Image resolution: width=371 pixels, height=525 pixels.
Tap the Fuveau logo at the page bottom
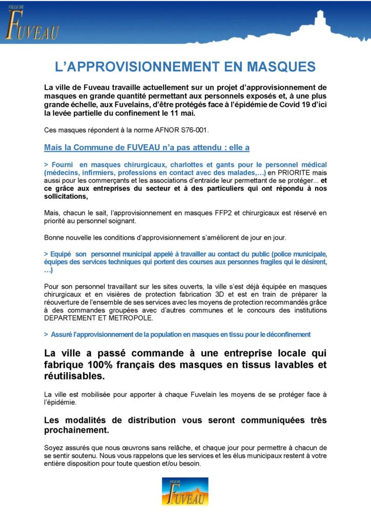click(185, 491)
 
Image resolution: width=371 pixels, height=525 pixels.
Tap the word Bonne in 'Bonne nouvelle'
click(55, 237)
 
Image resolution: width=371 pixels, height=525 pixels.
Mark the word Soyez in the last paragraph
click(55, 448)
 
